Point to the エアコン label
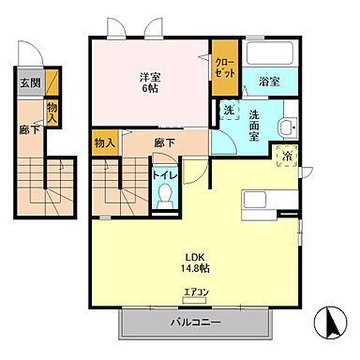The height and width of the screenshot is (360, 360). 196,291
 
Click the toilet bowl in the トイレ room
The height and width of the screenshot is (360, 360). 166,194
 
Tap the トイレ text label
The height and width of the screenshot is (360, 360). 165,174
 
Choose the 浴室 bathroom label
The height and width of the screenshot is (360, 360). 271,81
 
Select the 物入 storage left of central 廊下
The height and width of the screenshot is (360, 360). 105,143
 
